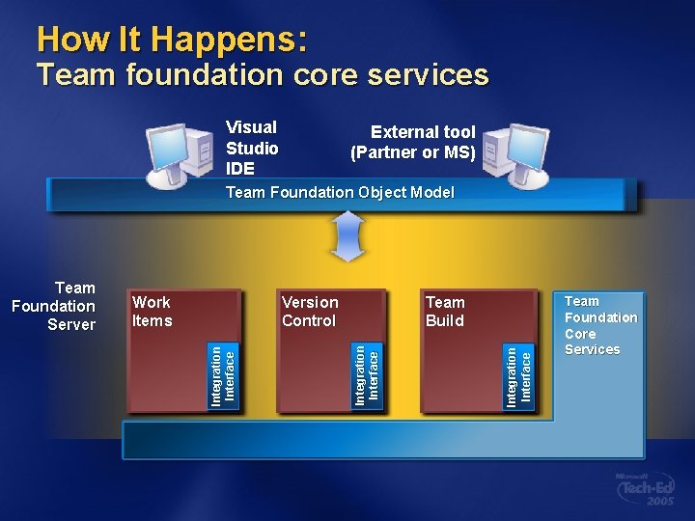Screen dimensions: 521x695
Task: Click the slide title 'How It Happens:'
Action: tap(172, 40)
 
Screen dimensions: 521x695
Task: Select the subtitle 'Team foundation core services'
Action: tap(262, 74)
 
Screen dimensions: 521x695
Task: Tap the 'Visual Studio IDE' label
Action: tap(252, 148)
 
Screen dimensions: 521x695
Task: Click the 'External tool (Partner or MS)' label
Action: tap(413, 142)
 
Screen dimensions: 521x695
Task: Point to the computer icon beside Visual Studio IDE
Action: tap(181, 154)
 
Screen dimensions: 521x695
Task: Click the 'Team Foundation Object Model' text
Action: tap(340, 192)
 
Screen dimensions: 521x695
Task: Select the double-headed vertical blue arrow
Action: tap(347, 236)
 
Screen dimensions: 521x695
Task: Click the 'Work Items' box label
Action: tap(153, 312)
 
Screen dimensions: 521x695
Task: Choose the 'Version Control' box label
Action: tap(310, 312)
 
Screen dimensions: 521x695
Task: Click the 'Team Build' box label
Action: tap(445, 312)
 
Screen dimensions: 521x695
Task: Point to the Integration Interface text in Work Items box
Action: tap(223, 374)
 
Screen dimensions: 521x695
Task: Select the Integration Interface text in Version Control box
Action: tap(368, 374)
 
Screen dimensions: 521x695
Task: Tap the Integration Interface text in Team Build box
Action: tap(519, 374)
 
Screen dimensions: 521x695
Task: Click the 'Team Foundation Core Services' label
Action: tap(600, 325)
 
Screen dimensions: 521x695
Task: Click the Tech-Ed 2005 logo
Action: tap(646, 490)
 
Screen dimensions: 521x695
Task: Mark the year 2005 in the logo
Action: tap(660, 503)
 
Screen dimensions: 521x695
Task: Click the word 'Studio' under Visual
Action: tap(252, 148)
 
